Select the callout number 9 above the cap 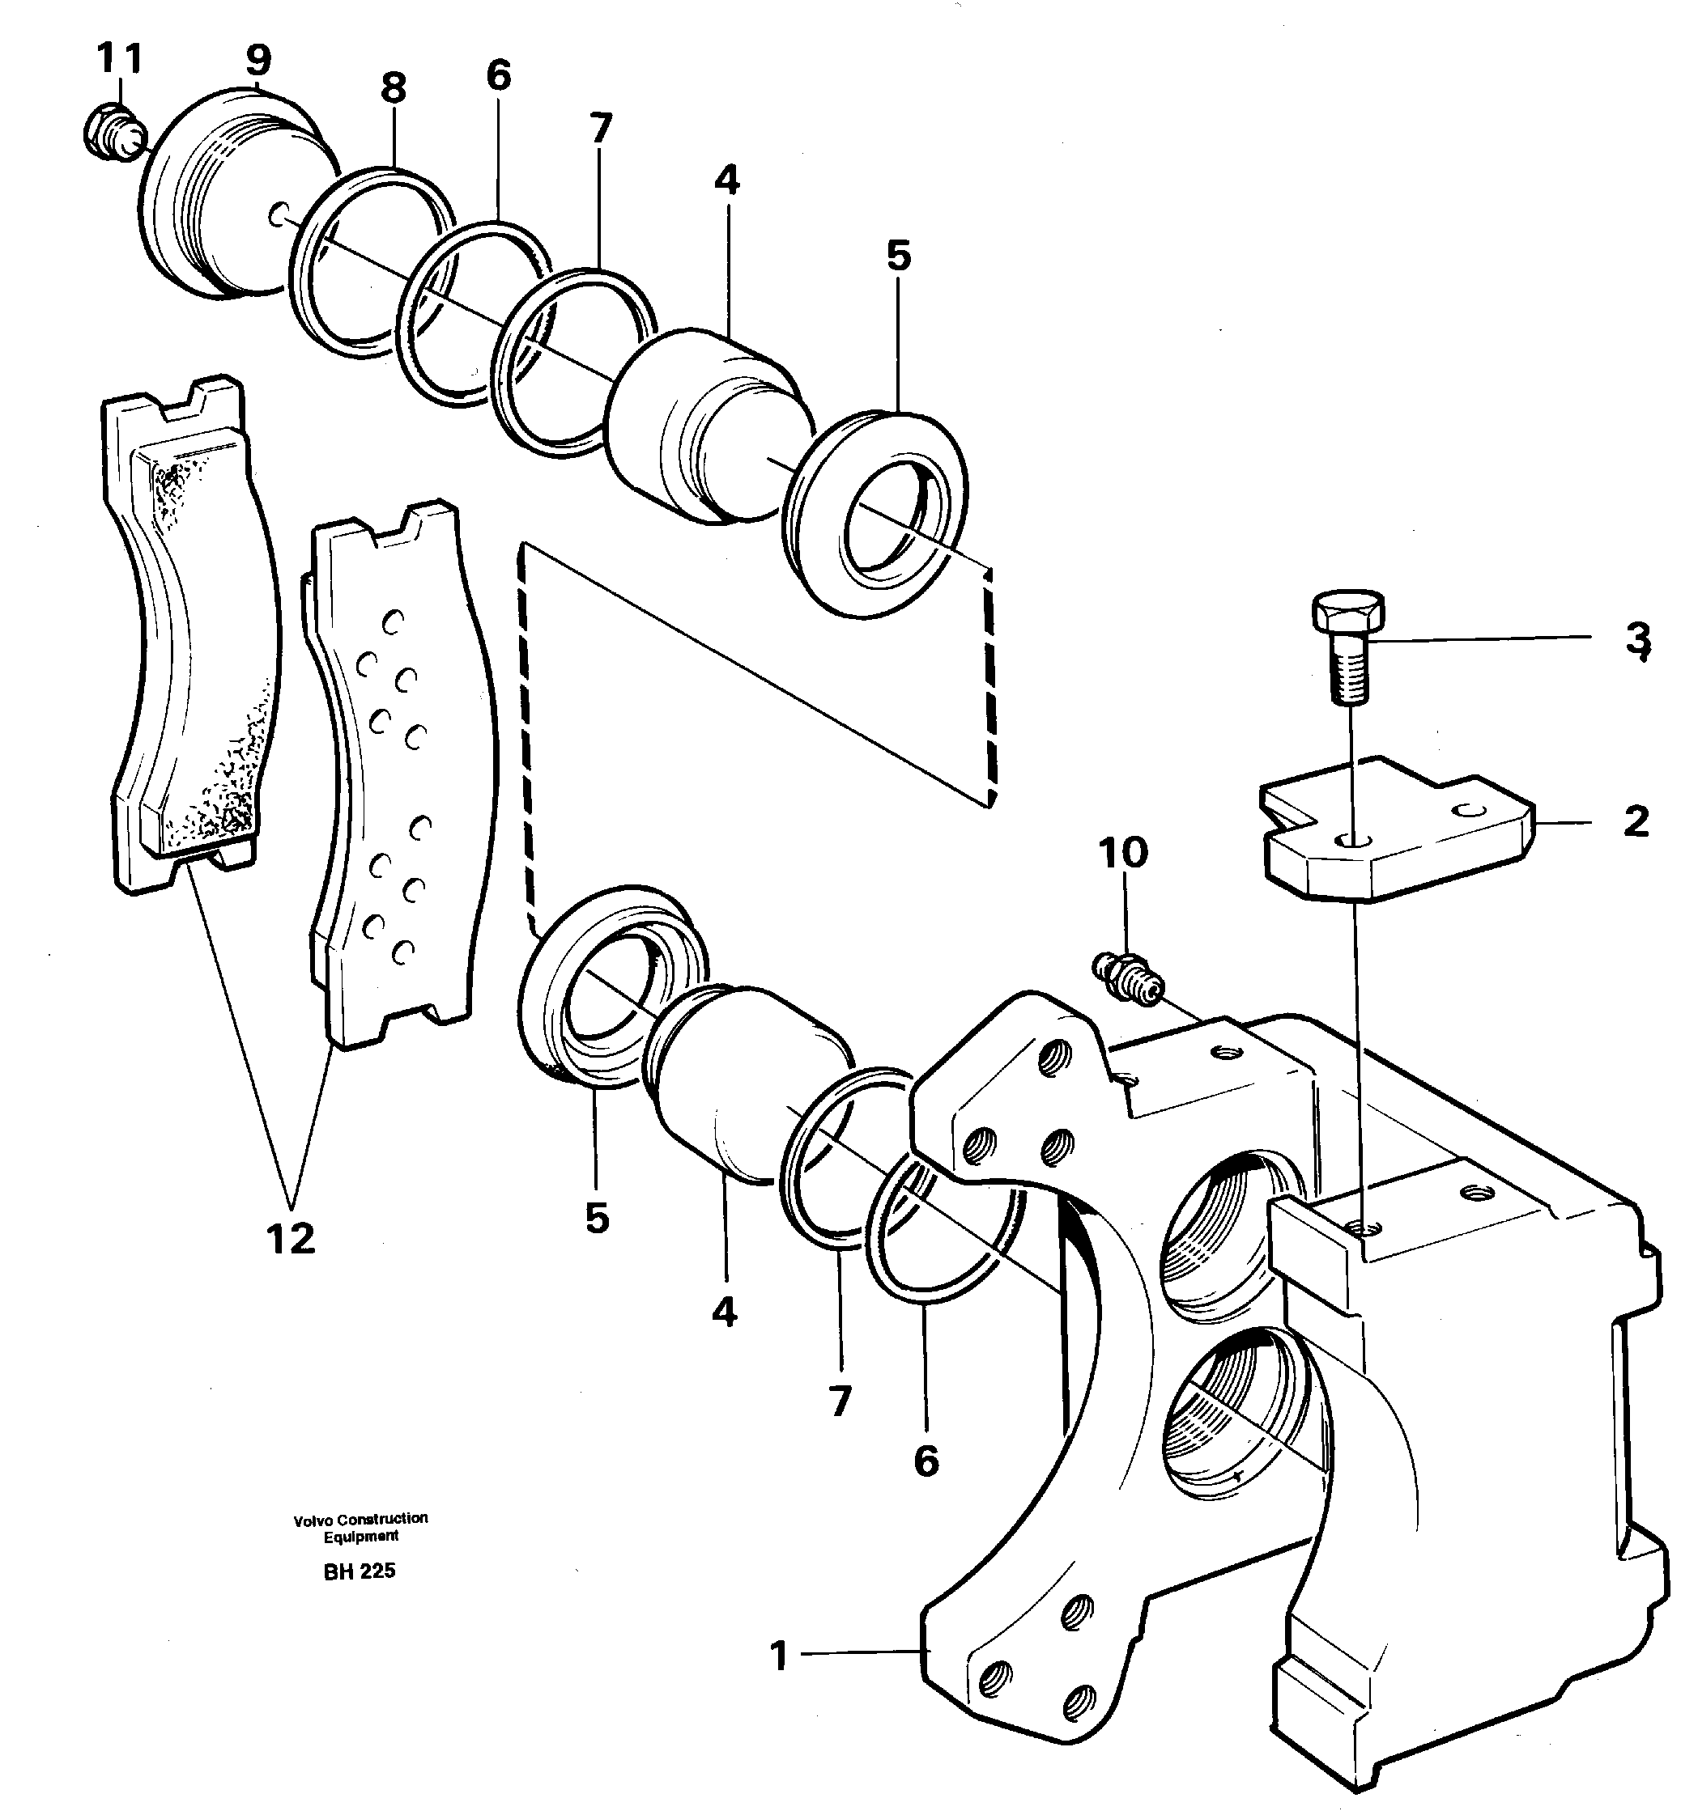tap(258, 60)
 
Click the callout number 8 tap(393, 88)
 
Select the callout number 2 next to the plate tap(1636, 821)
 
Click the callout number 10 tap(1122, 852)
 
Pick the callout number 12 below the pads tap(292, 1239)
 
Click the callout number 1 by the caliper tap(778, 1656)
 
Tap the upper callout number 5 tap(899, 257)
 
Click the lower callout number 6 tap(926, 1461)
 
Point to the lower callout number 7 tap(840, 1400)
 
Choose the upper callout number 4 tap(726, 180)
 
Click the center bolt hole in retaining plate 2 tap(1355, 839)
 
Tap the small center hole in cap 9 tap(278, 215)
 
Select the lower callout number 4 tap(725, 1312)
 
